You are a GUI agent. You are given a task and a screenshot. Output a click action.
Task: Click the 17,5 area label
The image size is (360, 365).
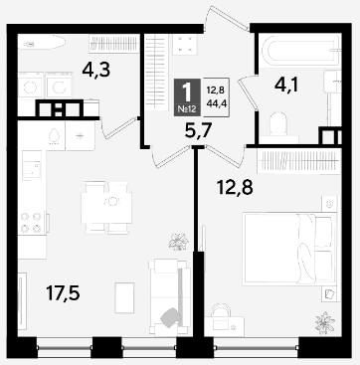coord(63,293)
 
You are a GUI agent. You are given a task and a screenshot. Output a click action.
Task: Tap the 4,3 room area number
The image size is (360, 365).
coord(96,71)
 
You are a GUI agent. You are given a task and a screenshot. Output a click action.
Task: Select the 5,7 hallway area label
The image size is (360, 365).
coord(198,132)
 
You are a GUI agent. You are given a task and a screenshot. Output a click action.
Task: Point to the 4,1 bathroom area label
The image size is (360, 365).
coord(286,86)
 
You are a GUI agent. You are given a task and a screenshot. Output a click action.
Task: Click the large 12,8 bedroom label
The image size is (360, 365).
coord(235,188)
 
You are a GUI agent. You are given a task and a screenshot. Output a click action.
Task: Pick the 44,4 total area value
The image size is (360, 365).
coord(215,102)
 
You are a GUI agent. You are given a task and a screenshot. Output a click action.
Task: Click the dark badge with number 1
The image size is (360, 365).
coord(187,97)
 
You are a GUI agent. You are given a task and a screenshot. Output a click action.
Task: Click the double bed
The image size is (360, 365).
coord(287,249)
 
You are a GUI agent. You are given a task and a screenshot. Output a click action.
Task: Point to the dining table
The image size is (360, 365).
coord(106,208)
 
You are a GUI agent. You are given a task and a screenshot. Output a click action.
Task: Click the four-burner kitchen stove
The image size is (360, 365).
coord(31,223)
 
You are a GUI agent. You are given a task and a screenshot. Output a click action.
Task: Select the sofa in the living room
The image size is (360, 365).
coord(169,296)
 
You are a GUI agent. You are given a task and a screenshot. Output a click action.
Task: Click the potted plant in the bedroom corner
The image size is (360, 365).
coord(325,322)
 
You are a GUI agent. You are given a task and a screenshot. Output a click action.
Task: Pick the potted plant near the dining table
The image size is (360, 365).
coord(178,242)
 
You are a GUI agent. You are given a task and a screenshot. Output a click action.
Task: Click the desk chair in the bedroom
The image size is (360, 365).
coord(221,310)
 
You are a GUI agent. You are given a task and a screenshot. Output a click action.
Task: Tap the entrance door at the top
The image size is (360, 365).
coord(228,17)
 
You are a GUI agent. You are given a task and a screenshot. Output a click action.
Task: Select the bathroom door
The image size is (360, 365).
coord(248,92)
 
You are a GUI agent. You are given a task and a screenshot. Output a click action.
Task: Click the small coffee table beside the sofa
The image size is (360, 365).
coord(124,297)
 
